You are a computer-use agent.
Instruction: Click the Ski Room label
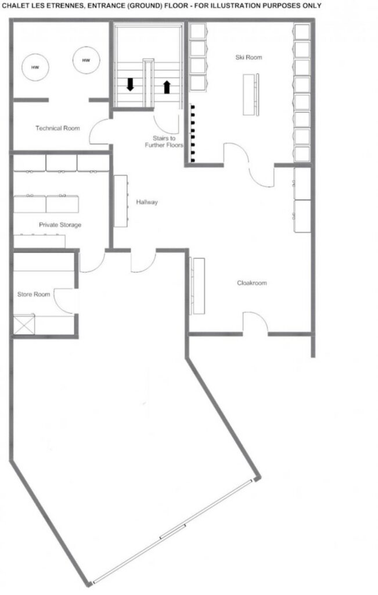click(249, 58)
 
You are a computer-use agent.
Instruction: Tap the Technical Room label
click(57, 128)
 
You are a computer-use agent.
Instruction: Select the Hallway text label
click(147, 202)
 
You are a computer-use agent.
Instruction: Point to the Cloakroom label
click(252, 283)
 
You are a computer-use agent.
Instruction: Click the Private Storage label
click(60, 225)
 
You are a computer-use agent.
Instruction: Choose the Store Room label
click(34, 294)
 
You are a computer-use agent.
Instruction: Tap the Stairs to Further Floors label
click(164, 142)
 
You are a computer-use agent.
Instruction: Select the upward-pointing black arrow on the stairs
click(167, 87)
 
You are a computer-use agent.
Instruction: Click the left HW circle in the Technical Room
click(35, 67)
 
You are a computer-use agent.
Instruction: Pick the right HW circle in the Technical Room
click(87, 60)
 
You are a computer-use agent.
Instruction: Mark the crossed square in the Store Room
click(24, 324)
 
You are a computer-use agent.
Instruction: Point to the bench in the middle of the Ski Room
click(251, 95)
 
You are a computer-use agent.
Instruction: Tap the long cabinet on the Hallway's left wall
click(121, 201)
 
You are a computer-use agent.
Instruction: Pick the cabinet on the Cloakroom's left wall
click(197, 286)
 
